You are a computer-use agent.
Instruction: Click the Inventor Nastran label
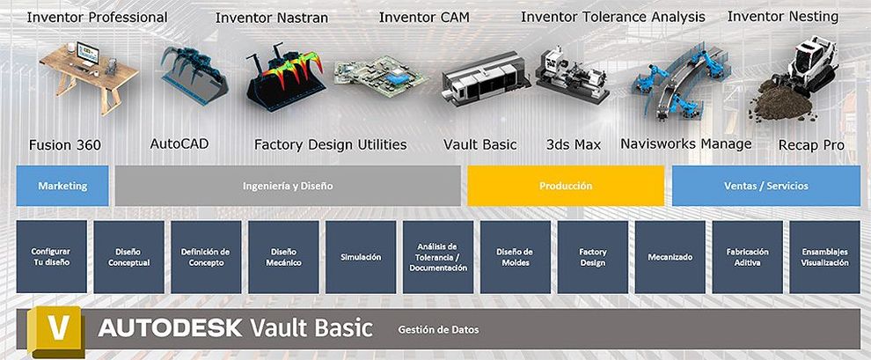pyautogui.click(x=272, y=18)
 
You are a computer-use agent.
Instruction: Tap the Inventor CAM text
pyautogui.click(x=424, y=18)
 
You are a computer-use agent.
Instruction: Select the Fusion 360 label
pyautogui.click(x=65, y=145)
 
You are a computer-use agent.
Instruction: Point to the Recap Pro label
pyautogui.click(x=811, y=145)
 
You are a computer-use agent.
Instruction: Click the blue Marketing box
pyautogui.click(x=62, y=186)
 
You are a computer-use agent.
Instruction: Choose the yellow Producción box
pyautogui.click(x=566, y=186)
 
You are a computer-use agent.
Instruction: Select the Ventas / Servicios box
pyautogui.click(x=766, y=186)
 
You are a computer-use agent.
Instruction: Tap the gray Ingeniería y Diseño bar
pyautogui.click(x=288, y=186)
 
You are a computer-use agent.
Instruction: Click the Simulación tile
pyautogui.click(x=361, y=257)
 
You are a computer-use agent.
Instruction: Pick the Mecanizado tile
pyautogui.click(x=670, y=257)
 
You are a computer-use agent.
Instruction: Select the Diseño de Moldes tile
pyautogui.click(x=516, y=257)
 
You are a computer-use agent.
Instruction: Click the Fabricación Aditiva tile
pyautogui.click(x=747, y=257)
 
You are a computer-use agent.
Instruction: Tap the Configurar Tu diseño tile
pyautogui.click(x=51, y=257)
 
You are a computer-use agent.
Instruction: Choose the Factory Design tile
pyautogui.click(x=593, y=257)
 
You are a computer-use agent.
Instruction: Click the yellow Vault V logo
pyautogui.click(x=56, y=331)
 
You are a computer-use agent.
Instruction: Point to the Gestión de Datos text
pyautogui.click(x=438, y=330)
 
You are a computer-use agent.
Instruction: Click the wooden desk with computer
pyautogui.click(x=88, y=77)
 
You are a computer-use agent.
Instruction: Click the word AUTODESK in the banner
pyautogui.click(x=170, y=328)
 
